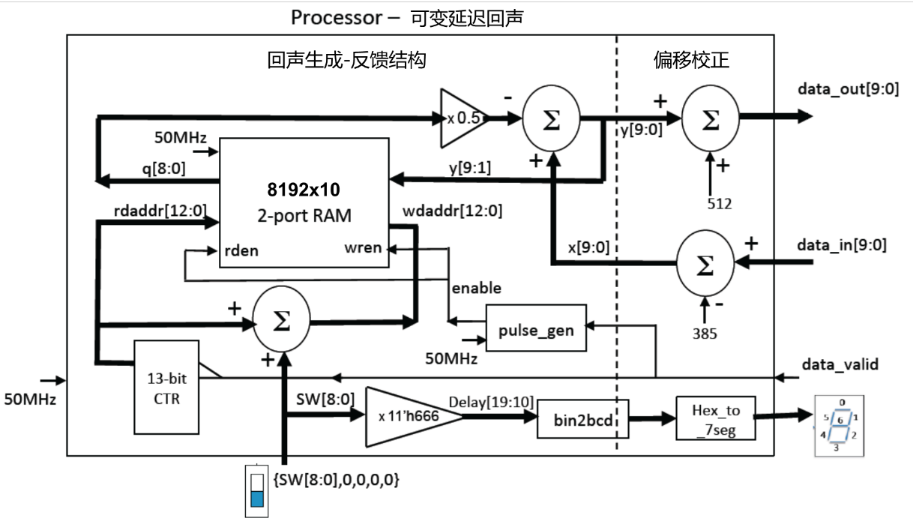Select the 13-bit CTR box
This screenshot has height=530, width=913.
click(x=167, y=387)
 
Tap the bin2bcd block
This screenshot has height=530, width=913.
click(x=582, y=418)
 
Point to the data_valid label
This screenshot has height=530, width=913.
click(x=840, y=364)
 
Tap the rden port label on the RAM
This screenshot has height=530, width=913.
click(x=241, y=250)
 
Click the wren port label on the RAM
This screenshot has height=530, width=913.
click(x=363, y=248)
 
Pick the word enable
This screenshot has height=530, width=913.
click(x=476, y=288)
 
